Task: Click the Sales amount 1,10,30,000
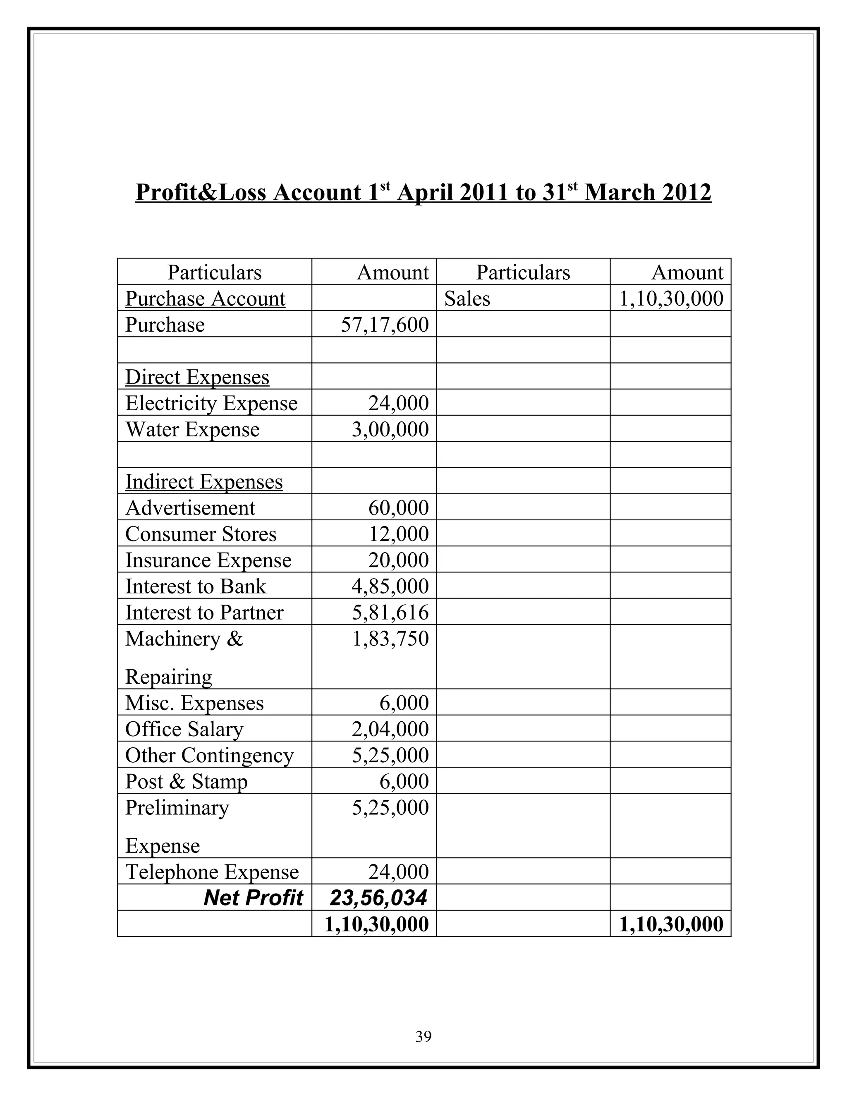671,299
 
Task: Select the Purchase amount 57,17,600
385,325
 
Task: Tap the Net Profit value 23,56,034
378,898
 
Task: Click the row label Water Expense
192,430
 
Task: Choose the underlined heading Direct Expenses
197,377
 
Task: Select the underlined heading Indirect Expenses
204,482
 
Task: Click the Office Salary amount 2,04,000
390,729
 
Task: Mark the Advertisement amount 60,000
398,508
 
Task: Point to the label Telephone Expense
212,872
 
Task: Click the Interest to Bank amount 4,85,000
390,586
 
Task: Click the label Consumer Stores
201,534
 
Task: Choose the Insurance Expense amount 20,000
398,560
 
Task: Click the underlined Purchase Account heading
205,299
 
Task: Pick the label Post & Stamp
186,781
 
